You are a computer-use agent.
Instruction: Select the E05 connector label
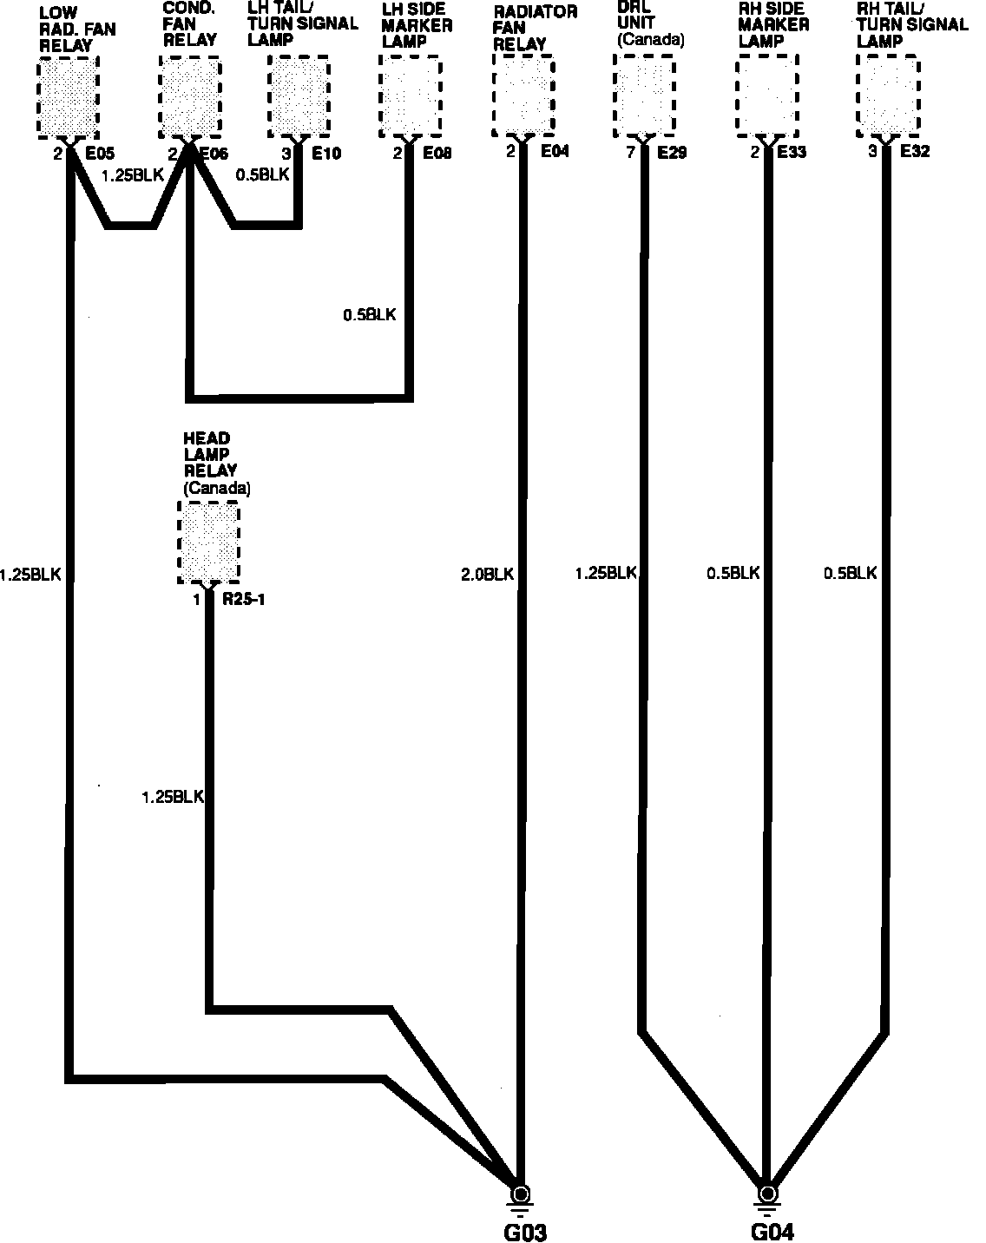[x=99, y=154]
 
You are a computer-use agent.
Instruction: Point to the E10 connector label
[x=326, y=154]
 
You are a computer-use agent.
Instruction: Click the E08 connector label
[x=438, y=154]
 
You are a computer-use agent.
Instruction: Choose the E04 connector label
[x=555, y=152]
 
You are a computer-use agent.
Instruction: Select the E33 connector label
[x=791, y=152]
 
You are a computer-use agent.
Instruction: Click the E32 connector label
[x=915, y=152]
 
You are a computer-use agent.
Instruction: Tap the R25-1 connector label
[x=243, y=599]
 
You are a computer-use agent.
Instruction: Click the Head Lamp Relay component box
[x=208, y=542]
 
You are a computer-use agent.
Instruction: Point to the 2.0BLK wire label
[x=488, y=574]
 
